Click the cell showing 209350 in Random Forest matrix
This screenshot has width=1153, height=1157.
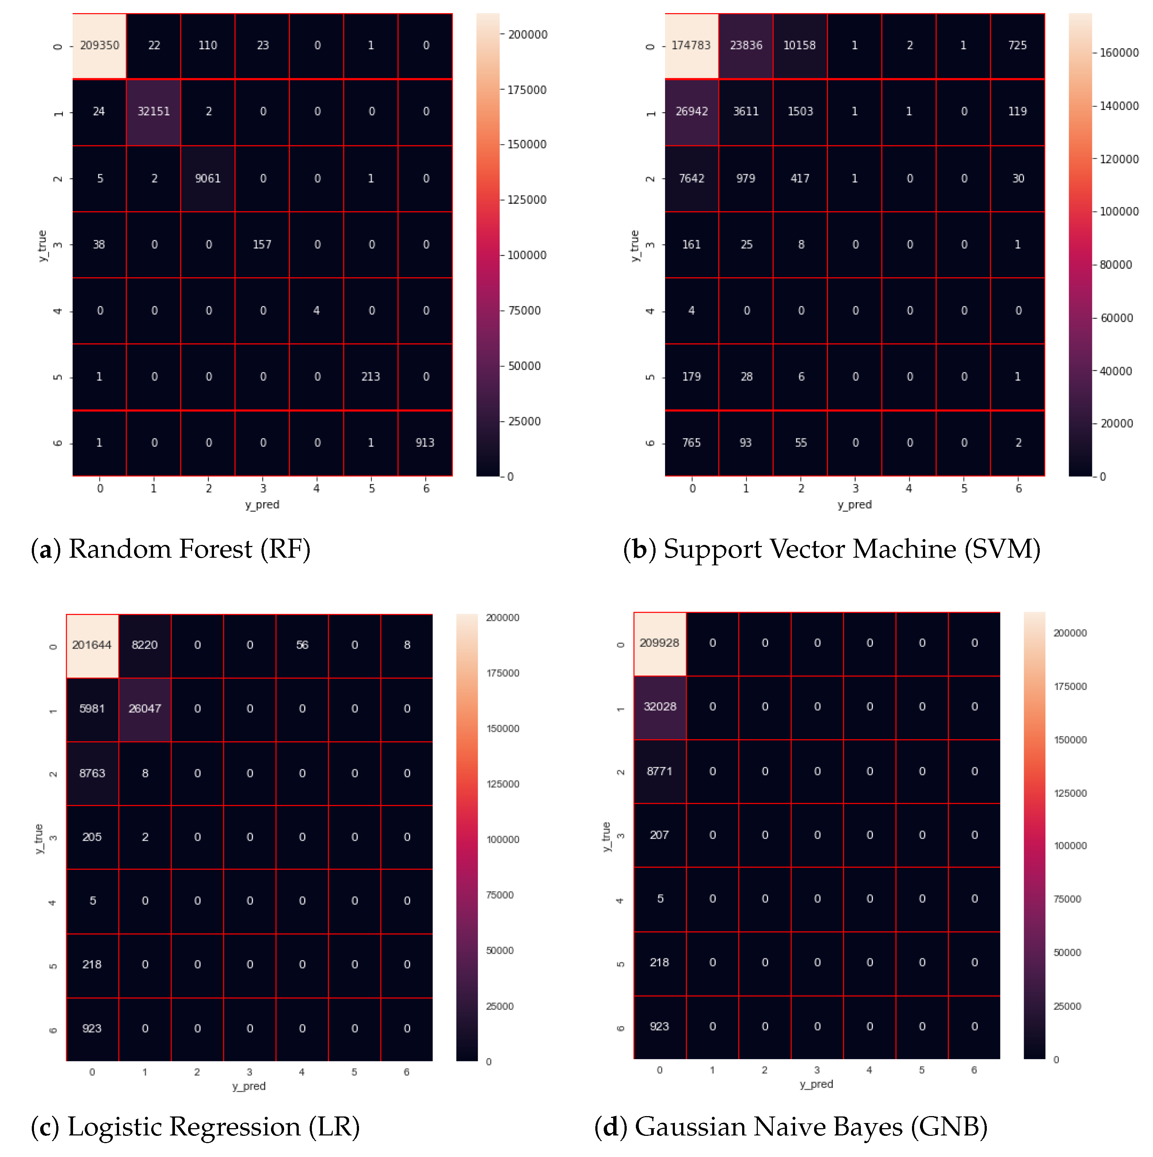pos(99,46)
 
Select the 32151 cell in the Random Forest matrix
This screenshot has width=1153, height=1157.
pos(153,111)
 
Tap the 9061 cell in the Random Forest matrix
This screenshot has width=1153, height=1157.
pos(208,179)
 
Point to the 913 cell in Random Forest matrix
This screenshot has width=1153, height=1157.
pos(425,443)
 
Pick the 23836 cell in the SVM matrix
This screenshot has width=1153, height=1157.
pos(746,46)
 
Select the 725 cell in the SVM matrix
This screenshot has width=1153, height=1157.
pos(1017,46)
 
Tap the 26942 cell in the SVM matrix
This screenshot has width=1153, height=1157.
pos(691,111)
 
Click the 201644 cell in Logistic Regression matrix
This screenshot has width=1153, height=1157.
pos(92,645)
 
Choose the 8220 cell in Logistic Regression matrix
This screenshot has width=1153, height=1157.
pos(144,645)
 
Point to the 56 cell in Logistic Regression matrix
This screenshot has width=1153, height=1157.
pos(302,645)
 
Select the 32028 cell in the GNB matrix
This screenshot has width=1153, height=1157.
pos(660,707)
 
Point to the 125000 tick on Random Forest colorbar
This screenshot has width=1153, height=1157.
pos(527,200)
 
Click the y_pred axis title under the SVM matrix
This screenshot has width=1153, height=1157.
pos(854,505)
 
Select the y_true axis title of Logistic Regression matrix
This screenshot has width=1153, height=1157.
pos(39,839)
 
